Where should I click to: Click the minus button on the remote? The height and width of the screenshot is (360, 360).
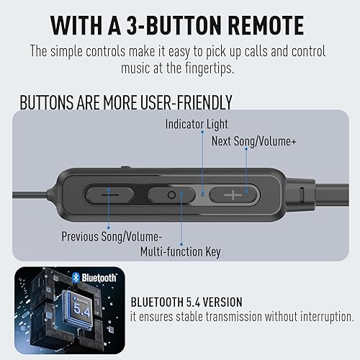tap(109, 194)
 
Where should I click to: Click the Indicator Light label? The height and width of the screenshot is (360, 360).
tap(195, 124)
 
